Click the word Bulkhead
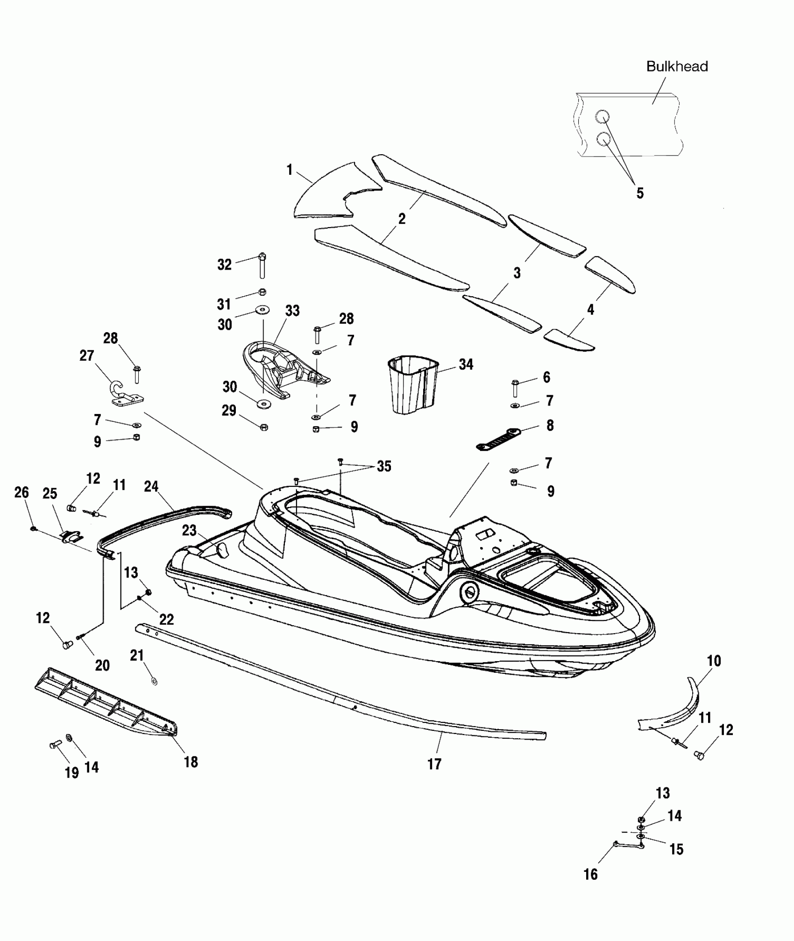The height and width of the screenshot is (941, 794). click(677, 66)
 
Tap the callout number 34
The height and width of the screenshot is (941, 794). click(466, 364)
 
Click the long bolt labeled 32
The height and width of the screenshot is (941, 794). click(262, 266)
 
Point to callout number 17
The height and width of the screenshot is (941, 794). click(434, 764)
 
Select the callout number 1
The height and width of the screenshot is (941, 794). click(290, 170)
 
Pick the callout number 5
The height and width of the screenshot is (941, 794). click(640, 193)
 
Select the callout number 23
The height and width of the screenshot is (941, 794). click(189, 530)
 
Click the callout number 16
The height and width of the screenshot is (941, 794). click(590, 874)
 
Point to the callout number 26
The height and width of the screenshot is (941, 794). click(22, 492)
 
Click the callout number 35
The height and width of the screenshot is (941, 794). click(384, 466)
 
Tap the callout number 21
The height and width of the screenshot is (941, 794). click(136, 656)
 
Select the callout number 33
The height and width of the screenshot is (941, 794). click(292, 311)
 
